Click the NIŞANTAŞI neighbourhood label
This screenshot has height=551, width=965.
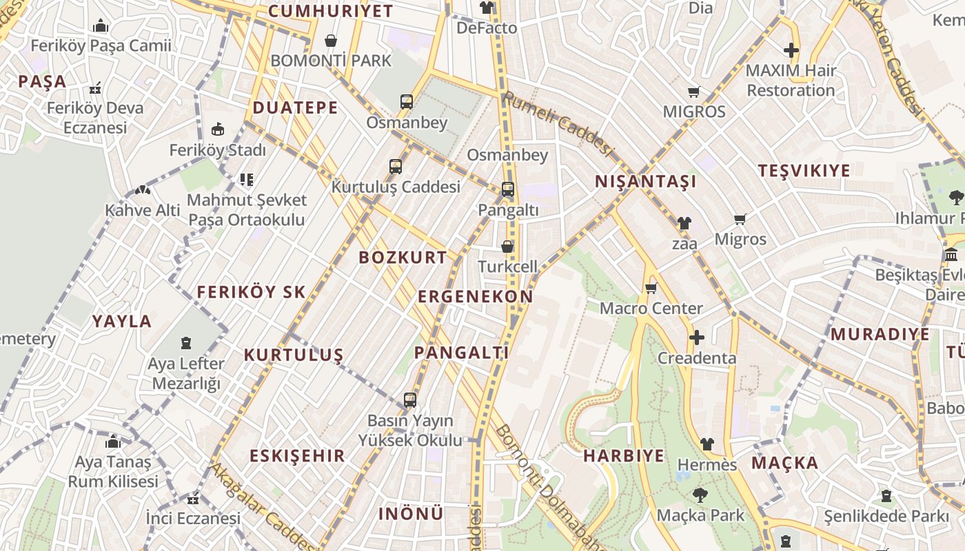[646, 181]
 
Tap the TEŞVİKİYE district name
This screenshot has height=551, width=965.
[804, 170]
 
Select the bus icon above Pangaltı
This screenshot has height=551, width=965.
[508, 189]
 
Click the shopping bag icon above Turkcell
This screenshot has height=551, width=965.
[507, 246]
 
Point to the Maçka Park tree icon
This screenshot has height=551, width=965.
[700, 495]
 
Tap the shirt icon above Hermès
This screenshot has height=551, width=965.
[707, 444]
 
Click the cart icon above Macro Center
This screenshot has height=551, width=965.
[651, 288]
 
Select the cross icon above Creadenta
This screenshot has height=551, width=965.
[697, 337]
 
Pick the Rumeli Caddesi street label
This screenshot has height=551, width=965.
[558, 125]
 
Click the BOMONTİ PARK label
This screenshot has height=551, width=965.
[331, 61]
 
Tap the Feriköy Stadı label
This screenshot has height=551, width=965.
[217, 149]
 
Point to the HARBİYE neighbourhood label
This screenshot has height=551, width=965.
[624, 455]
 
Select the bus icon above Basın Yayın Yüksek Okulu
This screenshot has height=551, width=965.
[410, 399]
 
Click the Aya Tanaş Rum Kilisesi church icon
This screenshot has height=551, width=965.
[113, 441]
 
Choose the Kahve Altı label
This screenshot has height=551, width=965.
[143, 209]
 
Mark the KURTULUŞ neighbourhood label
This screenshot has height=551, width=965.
[294, 355]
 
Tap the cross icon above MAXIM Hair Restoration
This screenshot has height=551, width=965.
[791, 50]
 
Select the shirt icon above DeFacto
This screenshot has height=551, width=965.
[487, 8]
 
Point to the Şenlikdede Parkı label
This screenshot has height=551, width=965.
[886, 515]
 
